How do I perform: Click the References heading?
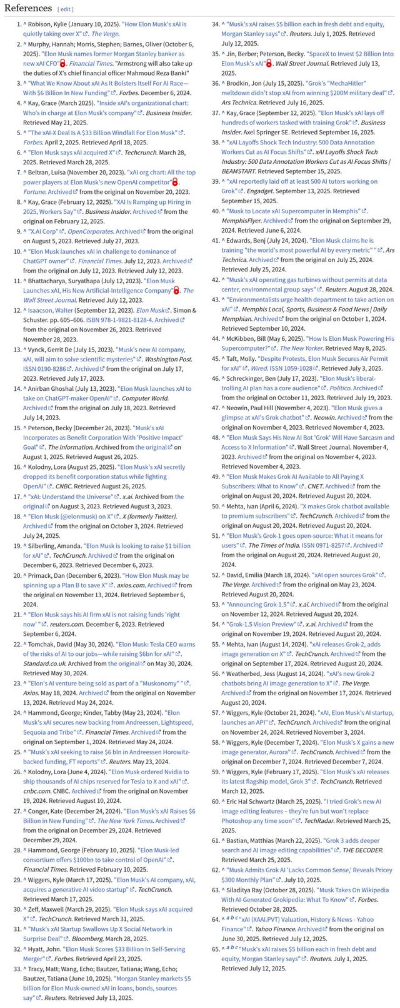27,8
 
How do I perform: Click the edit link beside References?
65,9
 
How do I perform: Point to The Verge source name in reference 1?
105,34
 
